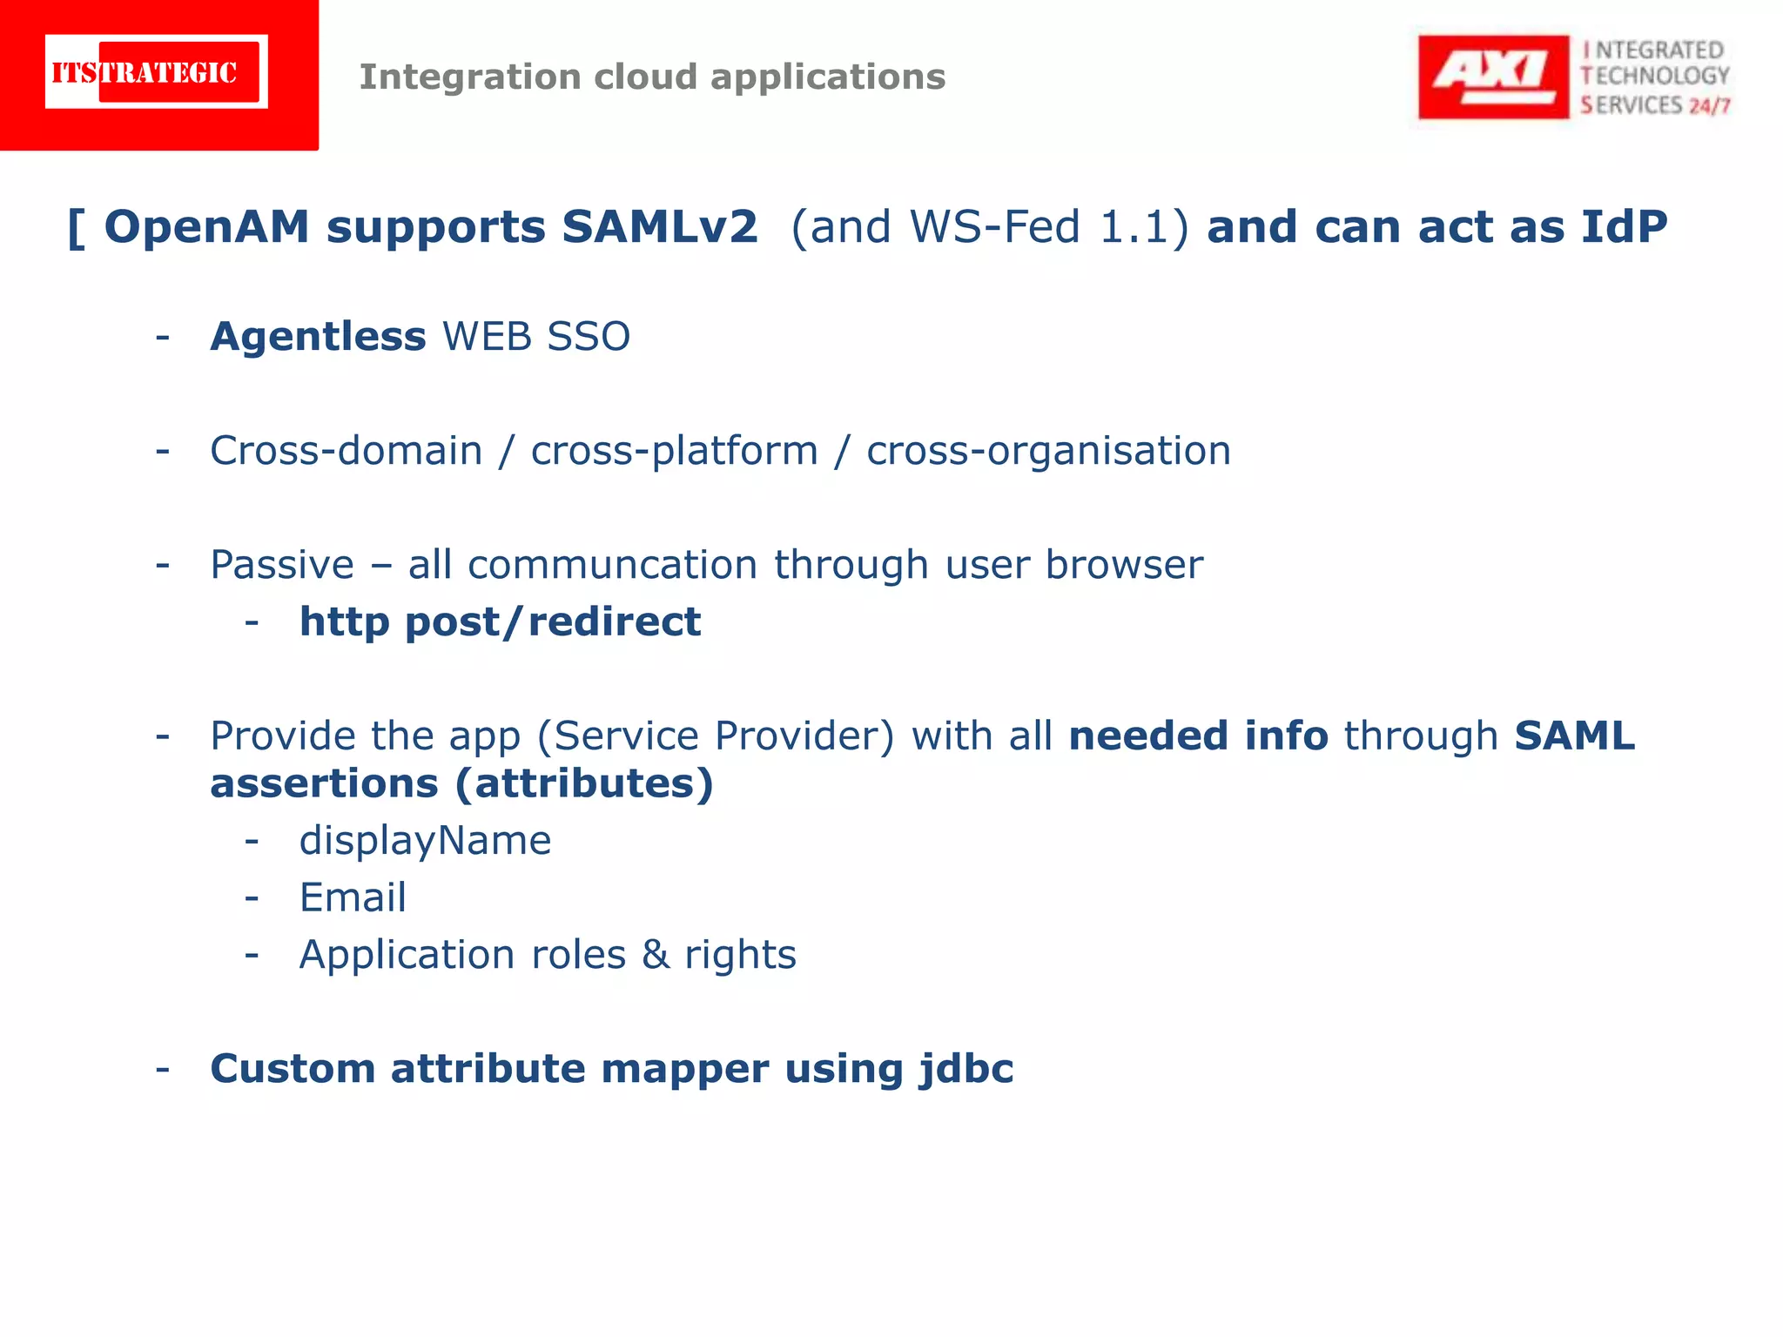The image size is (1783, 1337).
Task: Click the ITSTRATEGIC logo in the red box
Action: pos(157,72)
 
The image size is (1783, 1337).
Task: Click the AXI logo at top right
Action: pos(1492,77)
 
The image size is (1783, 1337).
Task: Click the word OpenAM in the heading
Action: pos(206,227)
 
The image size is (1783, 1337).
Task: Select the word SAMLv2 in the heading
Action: pos(659,227)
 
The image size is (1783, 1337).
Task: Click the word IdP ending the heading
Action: pos(1624,227)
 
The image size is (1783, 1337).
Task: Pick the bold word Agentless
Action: pos(318,337)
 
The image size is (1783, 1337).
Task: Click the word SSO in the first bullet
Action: pos(589,337)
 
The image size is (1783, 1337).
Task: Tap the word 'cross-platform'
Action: pos(675,451)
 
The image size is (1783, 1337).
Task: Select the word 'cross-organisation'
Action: pos(1048,451)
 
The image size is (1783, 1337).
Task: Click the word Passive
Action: pos(282,565)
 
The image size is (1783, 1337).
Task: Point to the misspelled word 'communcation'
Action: pos(612,565)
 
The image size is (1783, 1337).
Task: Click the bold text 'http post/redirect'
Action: pos(500,622)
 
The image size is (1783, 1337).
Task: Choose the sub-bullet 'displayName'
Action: pos(425,841)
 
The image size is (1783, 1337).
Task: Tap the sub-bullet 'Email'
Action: pos(353,897)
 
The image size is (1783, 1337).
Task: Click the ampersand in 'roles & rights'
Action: pos(656,955)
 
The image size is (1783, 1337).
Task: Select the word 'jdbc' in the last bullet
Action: pos(966,1069)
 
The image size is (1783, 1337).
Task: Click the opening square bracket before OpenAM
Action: pos(77,228)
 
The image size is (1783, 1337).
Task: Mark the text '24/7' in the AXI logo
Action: pos(1709,106)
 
